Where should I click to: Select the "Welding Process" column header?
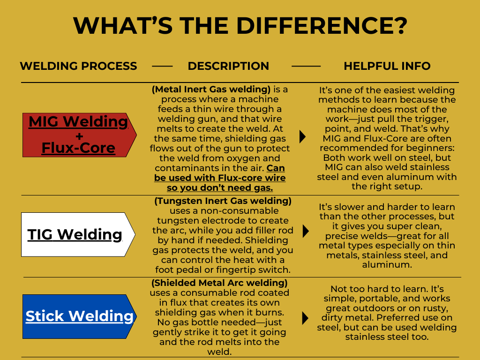[78, 66]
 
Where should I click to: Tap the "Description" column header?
[228, 66]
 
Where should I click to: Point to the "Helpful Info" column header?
[387, 66]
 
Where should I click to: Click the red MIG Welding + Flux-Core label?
[78, 135]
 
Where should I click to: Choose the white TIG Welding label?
[75, 234]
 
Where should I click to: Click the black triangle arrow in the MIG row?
[302, 136]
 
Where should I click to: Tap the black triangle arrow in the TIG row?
[306, 231]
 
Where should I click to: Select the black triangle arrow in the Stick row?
[305, 318]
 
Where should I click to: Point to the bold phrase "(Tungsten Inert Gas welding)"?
[223, 201]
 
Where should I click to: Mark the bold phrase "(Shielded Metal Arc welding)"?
[219, 283]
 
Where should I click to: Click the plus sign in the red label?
[78, 136]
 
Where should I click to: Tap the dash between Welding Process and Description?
[162, 67]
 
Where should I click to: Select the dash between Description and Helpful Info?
[306, 67]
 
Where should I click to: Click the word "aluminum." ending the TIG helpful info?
[387, 264]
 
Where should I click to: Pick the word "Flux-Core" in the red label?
[78, 148]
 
